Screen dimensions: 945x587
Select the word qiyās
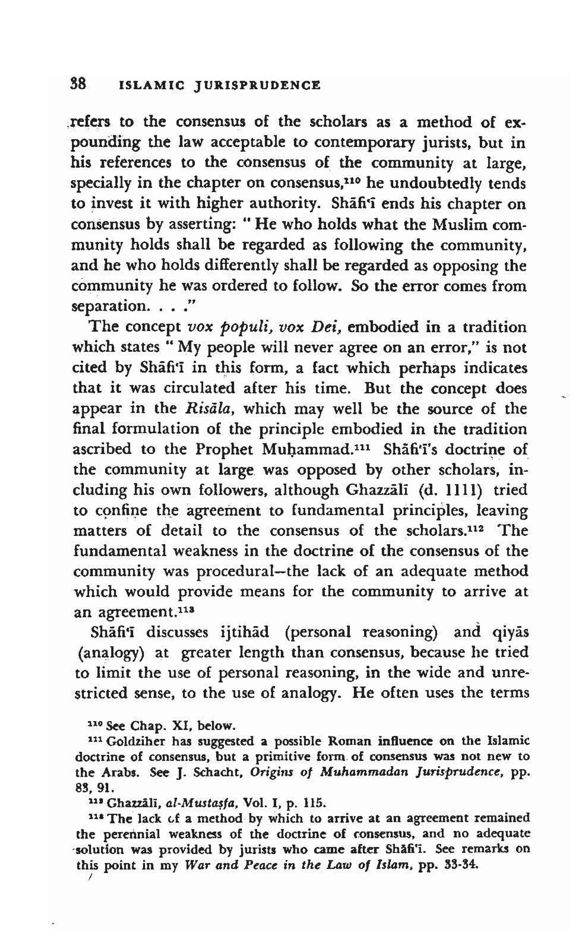(510, 633)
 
